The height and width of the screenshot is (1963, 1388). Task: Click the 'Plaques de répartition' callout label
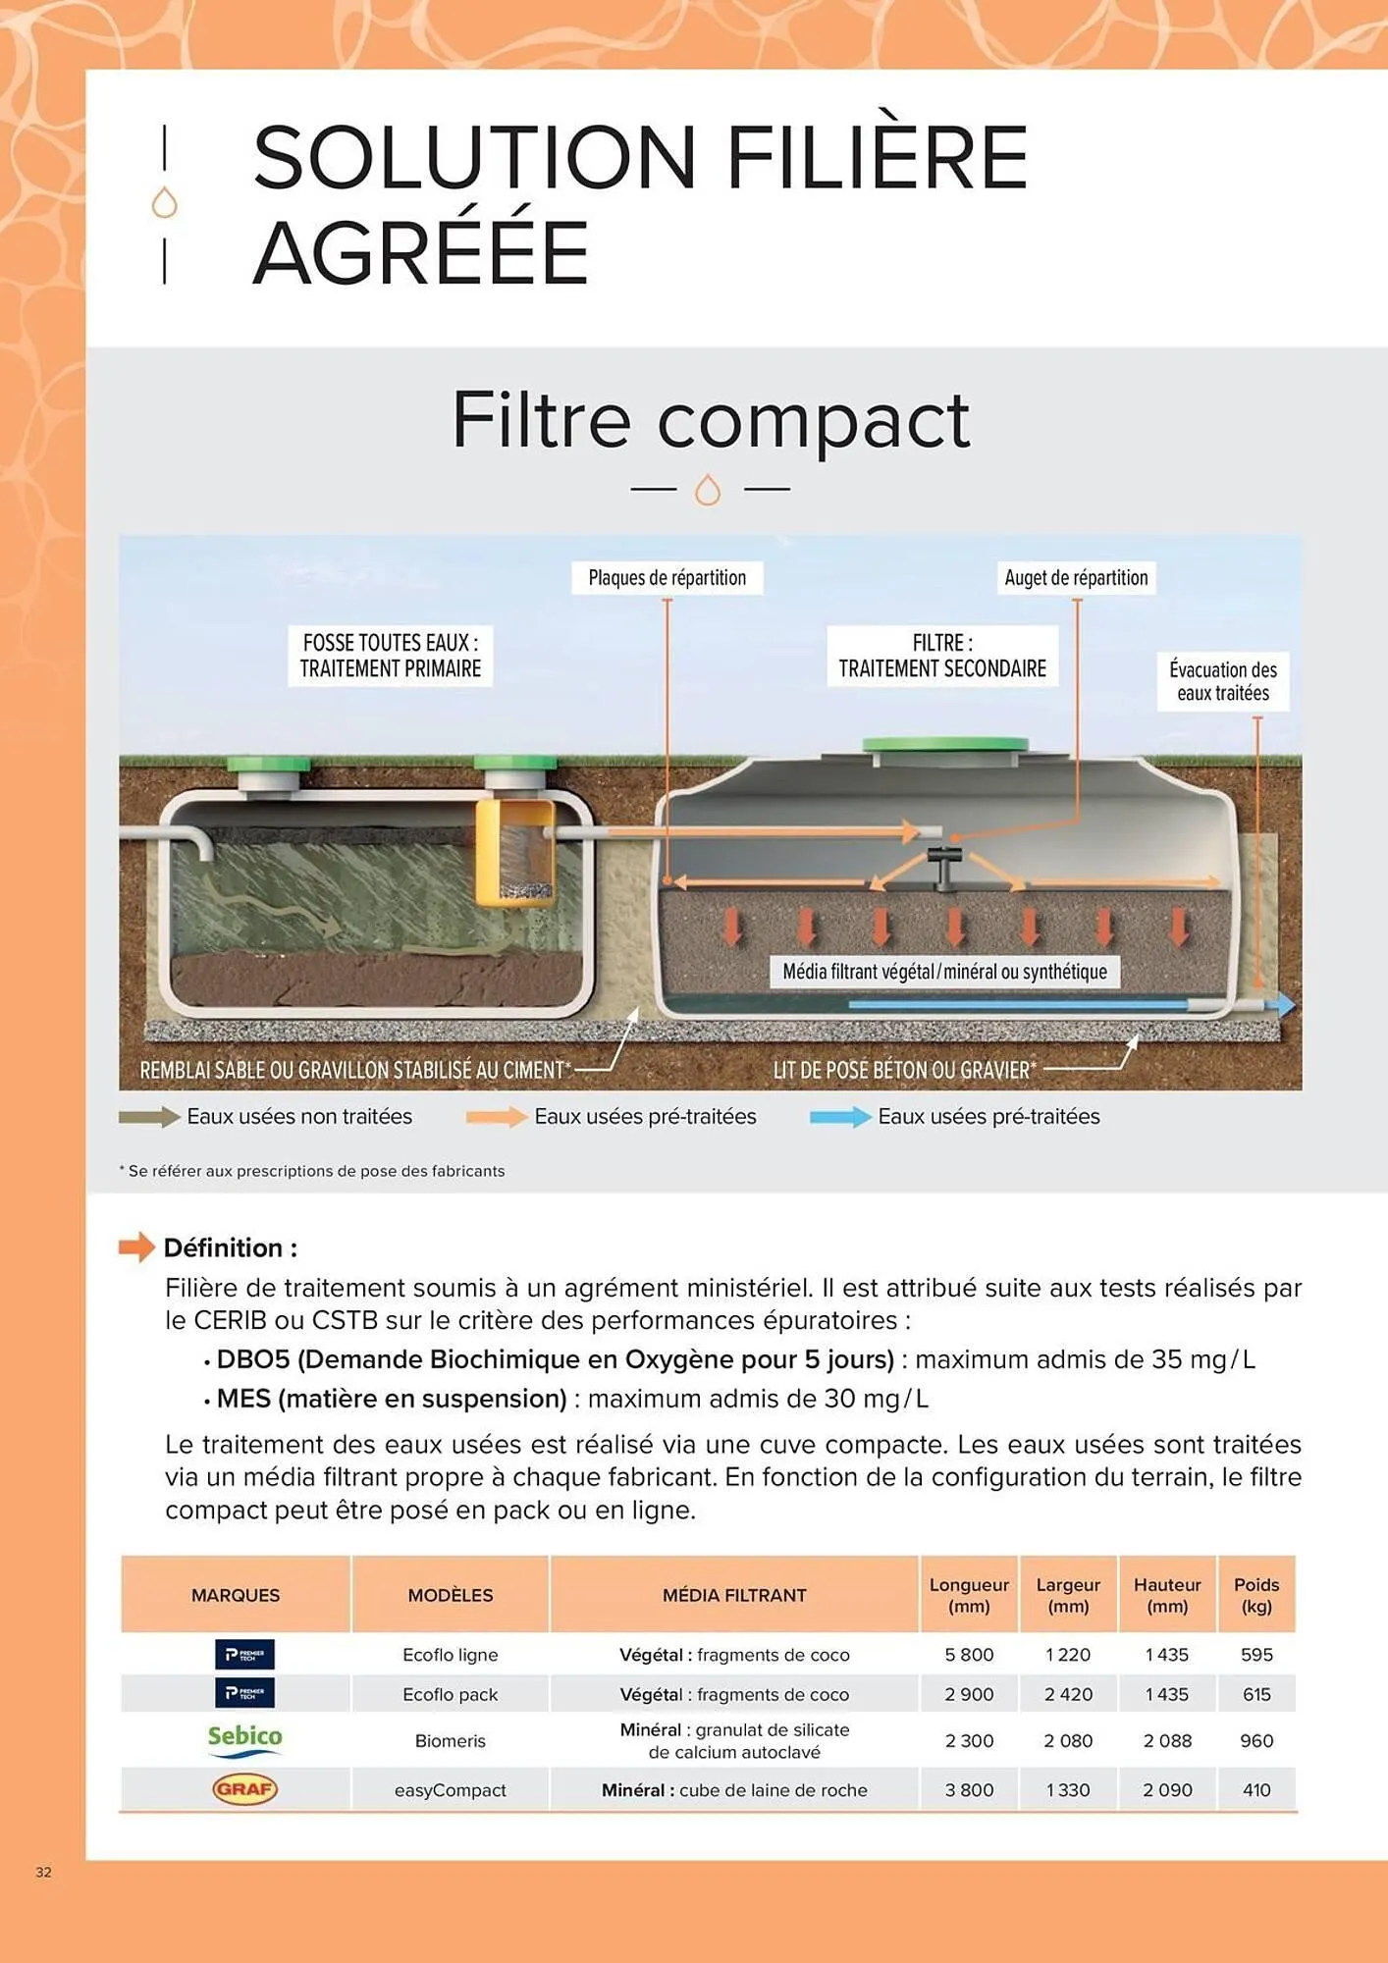[667, 578]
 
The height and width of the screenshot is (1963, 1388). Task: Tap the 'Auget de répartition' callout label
[1076, 578]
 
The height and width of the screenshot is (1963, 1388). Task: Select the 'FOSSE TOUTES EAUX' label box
[390, 656]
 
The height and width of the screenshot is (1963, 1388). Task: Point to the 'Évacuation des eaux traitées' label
[1222, 681]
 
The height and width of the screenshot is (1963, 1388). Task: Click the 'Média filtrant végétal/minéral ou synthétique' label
[944, 972]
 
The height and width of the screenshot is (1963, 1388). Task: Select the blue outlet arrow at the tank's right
[1280, 1004]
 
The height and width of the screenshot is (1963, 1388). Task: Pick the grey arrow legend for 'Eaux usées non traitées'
[148, 1117]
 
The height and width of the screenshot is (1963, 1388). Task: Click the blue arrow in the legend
[839, 1117]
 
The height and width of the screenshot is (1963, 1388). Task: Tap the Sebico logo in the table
[244, 1739]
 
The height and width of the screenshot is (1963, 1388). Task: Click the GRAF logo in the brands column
[244, 1789]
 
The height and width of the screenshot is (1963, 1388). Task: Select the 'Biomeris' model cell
[450, 1741]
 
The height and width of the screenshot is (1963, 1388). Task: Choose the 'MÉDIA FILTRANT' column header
[734, 1596]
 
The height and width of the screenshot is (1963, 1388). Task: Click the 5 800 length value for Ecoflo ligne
[969, 1655]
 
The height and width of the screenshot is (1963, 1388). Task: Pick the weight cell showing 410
[1256, 1790]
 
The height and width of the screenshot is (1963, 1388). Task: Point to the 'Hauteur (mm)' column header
[1167, 1596]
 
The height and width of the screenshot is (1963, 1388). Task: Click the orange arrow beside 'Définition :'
[136, 1247]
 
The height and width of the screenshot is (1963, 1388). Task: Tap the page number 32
[43, 1872]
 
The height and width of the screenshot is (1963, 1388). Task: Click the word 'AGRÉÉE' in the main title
[421, 252]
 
